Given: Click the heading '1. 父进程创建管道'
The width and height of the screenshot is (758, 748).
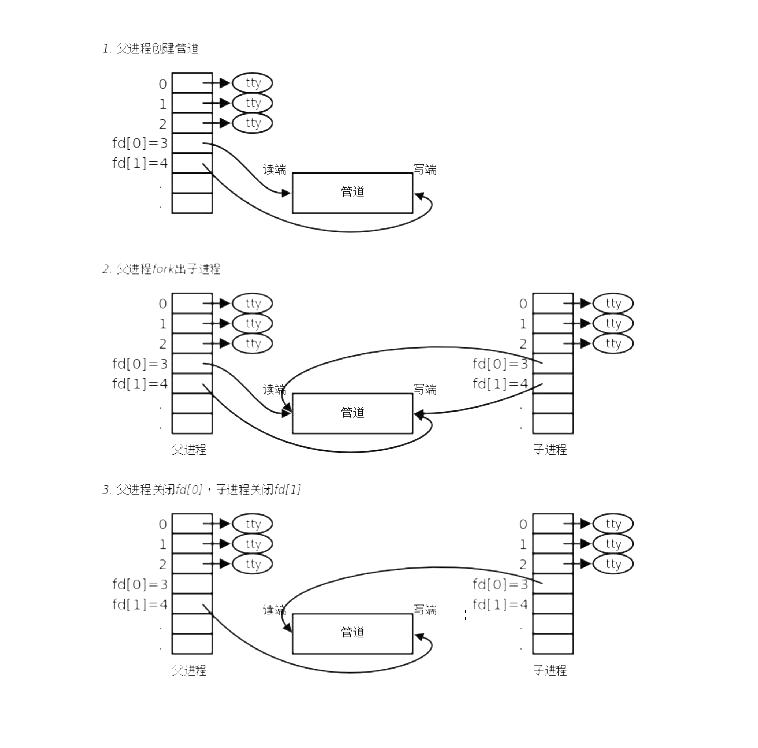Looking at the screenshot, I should click(151, 49).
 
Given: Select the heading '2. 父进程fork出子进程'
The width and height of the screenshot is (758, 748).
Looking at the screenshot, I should click(161, 269).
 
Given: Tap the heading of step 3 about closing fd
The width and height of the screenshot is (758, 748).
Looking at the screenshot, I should click(201, 490).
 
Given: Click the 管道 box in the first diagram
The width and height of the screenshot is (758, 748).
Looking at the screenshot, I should click(352, 193).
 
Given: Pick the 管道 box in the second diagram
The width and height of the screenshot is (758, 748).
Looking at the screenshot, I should click(352, 413).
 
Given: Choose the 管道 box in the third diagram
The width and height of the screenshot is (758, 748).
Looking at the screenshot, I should click(352, 633).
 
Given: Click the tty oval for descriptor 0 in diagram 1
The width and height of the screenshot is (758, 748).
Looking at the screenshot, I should click(252, 83).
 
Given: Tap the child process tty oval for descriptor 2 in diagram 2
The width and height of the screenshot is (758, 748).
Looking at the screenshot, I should click(613, 344).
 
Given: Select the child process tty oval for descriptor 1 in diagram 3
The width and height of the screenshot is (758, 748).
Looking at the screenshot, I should click(613, 544).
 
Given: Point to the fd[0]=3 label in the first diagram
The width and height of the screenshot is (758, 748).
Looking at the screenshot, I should click(140, 143).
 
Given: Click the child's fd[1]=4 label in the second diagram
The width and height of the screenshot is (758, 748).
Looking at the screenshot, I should click(500, 384).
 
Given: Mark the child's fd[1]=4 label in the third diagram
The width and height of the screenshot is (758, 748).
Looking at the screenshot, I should click(500, 604).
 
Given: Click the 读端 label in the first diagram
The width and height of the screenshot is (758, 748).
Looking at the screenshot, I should click(275, 170).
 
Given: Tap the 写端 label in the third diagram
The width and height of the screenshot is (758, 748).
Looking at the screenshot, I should click(425, 610).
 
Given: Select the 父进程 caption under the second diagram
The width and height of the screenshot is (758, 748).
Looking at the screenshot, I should click(189, 450).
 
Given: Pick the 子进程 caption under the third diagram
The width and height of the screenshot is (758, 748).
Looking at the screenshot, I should click(550, 670).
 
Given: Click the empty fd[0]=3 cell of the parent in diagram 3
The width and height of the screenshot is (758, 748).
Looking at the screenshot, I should click(192, 584).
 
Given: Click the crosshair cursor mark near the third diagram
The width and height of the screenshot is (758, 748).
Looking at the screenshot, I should click(465, 615).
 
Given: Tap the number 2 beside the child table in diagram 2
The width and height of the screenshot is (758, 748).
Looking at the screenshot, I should click(523, 344).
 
